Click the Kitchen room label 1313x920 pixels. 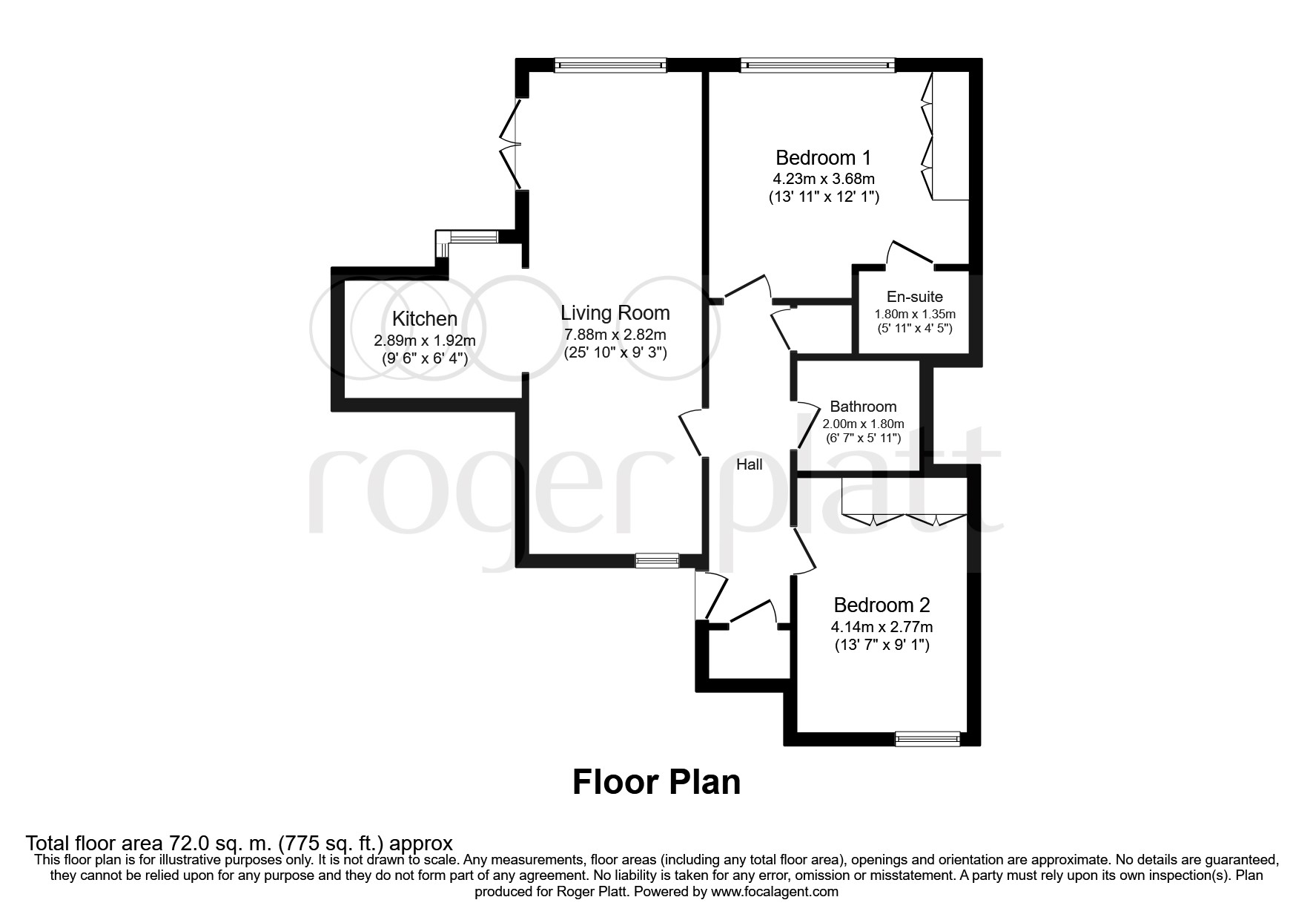click(424, 319)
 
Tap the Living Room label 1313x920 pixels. click(615, 313)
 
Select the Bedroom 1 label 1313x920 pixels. click(823, 157)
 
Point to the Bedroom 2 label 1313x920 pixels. click(882, 605)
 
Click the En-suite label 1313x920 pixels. click(916, 297)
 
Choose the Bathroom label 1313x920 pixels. click(863, 407)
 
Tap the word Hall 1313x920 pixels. click(749, 464)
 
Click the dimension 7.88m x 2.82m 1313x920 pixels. click(615, 335)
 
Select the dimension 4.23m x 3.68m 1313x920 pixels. click(823, 179)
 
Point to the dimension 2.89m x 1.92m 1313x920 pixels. click(424, 341)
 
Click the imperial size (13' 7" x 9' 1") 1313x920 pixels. click(882, 645)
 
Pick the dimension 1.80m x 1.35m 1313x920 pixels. click(916, 314)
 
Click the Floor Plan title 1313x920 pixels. click(656, 782)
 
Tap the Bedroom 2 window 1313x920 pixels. click(927, 738)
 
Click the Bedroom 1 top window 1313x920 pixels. click(817, 65)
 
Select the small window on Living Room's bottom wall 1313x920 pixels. click(657, 561)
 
